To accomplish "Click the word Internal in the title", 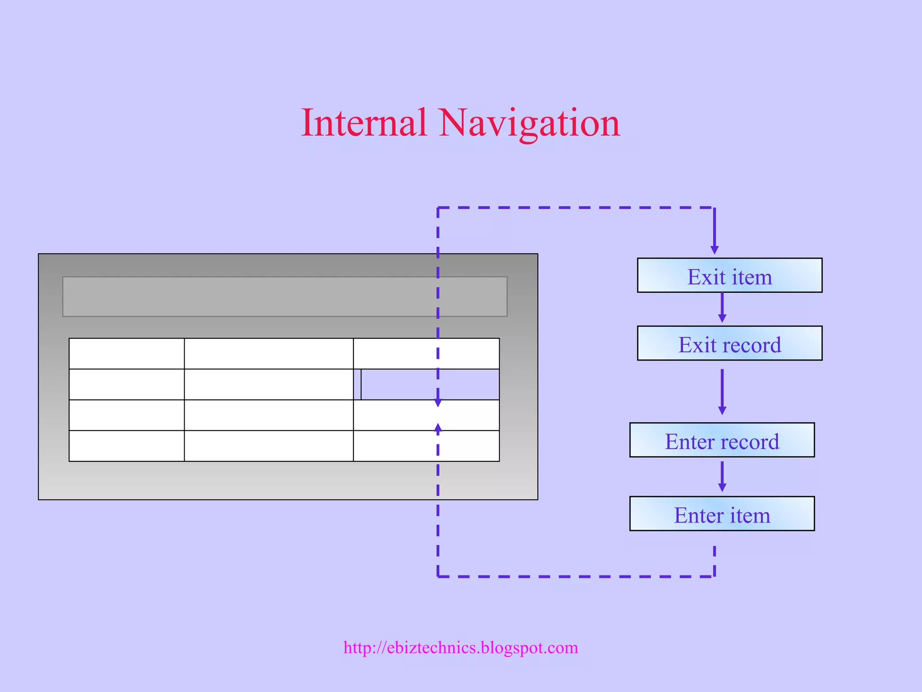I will tap(364, 123).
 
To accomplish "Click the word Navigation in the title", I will tap(529, 123).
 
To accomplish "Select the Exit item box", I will tap(729, 275).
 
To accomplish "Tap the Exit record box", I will tap(729, 343).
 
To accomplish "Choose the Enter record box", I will tap(722, 440).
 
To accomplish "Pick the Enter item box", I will tap(722, 514).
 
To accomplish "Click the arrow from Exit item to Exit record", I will tap(722, 308).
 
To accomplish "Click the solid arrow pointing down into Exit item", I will tap(714, 232).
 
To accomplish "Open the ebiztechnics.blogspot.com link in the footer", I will tap(461, 647).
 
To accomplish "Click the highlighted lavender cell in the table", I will tap(429, 384).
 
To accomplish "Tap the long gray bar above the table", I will tap(285, 296).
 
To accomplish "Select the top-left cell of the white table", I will tap(127, 354).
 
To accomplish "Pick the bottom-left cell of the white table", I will tap(127, 446).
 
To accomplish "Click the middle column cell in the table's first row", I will tap(269, 354).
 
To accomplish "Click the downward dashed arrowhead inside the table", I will tap(438, 402).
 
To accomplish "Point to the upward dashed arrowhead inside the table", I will tap(438, 428).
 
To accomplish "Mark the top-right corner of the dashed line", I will tap(714, 208).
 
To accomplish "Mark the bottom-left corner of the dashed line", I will tap(438, 576).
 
